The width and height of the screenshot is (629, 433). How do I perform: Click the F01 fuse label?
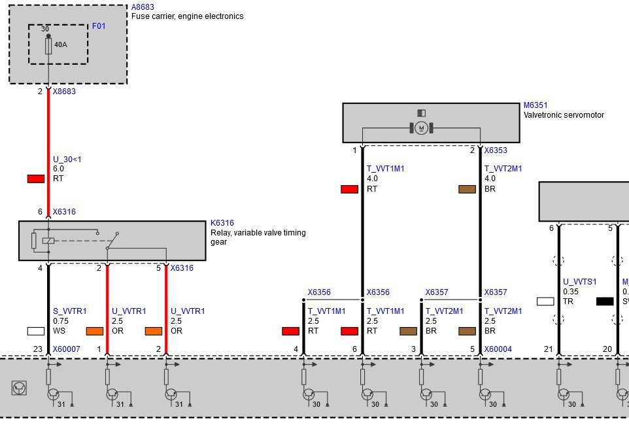click(x=99, y=26)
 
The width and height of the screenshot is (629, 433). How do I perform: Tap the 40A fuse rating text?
click(x=61, y=44)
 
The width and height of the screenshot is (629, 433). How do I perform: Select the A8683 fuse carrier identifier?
click(x=143, y=7)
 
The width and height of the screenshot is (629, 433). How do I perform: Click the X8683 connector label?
click(x=64, y=91)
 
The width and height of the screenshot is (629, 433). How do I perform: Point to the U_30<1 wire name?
click(x=67, y=160)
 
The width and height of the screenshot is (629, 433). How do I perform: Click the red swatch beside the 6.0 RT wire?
click(x=36, y=179)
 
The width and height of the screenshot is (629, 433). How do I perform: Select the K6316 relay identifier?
click(x=222, y=223)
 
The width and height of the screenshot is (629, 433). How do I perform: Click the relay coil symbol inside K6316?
click(x=48, y=241)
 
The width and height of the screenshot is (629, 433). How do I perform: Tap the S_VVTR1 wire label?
click(x=70, y=311)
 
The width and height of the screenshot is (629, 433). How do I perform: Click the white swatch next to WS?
click(x=36, y=331)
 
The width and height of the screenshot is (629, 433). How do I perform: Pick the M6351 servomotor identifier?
click(x=535, y=105)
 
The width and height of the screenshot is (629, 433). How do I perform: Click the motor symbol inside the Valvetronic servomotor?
click(x=421, y=128)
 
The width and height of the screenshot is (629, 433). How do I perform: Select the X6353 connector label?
click(x=496, y=150)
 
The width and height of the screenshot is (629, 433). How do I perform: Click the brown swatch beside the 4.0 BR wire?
click(x=467, y=189)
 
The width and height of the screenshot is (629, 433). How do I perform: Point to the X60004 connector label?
click(x=498, y=349)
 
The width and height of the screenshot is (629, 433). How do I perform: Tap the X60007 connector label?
click(x=67, y=349)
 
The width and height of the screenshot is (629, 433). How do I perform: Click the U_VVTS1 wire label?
click(x=580, y=282)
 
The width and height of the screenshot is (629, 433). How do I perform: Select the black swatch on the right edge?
click(x=605, y=302)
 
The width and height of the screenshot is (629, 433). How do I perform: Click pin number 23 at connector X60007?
click(x=38, y=349)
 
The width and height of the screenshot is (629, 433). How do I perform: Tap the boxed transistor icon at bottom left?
click(x=19, y=388)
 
